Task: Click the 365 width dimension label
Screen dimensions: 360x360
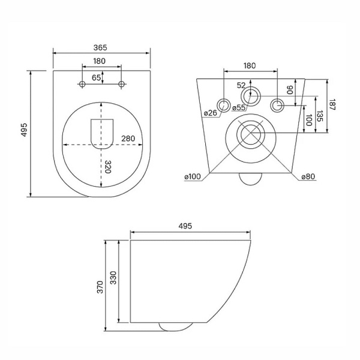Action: (x=100, y=48)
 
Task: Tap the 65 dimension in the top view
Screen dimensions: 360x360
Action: (x=96, y=78)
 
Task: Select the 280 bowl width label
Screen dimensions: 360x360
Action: (x=128, y=139)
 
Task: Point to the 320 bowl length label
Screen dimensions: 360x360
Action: (x=107, y=167)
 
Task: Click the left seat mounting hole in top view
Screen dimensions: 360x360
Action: (x=82, y=84)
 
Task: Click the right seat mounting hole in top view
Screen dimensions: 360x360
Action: (x=121, y=84)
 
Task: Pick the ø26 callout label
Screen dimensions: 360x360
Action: (x=211, y=113)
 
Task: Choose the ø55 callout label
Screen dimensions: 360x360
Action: (x=239, y=107)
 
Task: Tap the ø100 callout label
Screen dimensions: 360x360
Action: (x=193, y=177)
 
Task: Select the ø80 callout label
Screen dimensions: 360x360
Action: (x=308, y=176)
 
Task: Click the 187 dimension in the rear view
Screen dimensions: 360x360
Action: (x=332, y=104)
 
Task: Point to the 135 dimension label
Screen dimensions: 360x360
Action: (x=320, y=116)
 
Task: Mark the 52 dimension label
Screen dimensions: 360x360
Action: (x=241, y=86)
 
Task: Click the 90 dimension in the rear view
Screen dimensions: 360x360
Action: (x=290, y=90)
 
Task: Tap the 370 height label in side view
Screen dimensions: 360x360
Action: (x=100, y=287)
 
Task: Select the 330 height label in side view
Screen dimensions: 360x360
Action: (x=113, y=278)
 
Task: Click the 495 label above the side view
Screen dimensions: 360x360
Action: (x=185, y=226)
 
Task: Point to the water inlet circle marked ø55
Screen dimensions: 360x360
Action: (x=250, y=97)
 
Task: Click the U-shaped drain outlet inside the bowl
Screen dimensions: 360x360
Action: (x=102, y=134)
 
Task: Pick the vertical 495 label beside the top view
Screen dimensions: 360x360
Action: (x=24, y=130)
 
